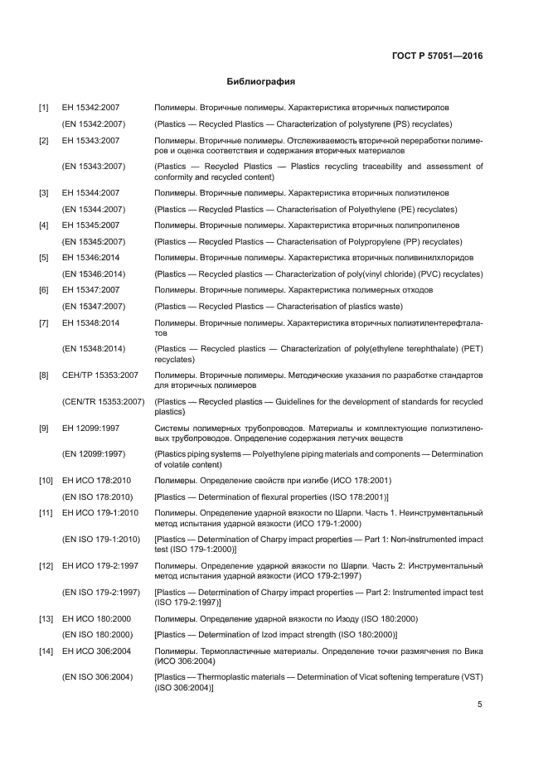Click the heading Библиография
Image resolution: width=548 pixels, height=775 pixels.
261,82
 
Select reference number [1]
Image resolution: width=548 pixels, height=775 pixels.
43,109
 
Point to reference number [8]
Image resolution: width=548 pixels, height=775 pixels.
43,376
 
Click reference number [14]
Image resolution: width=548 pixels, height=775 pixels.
45,651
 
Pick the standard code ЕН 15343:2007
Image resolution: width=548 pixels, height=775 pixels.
91,141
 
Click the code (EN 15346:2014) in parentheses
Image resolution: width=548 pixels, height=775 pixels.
94,274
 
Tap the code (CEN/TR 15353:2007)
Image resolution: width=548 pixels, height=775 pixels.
104,402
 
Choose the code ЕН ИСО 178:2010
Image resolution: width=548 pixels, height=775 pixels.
97,481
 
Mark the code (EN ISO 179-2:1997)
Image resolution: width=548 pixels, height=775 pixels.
101,593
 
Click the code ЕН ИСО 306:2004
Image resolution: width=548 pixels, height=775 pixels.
97,651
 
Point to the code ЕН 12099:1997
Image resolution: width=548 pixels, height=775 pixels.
91,428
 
